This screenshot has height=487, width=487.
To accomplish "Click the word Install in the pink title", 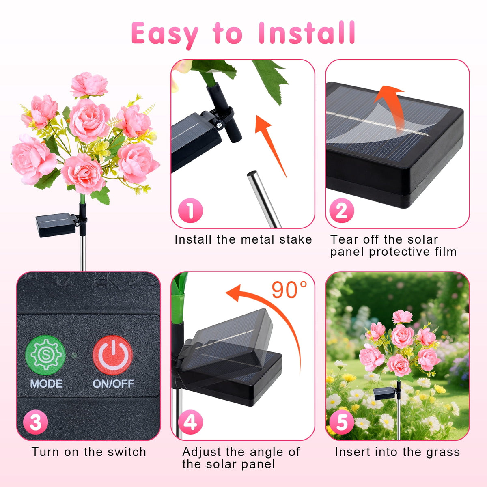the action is click(307, 33).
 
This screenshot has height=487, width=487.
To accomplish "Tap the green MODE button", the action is click(45, 355).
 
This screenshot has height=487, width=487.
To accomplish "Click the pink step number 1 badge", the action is click(190, 211).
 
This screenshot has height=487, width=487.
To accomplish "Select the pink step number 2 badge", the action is click(342, 211).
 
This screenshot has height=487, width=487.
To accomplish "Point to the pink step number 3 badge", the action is click(36, 422).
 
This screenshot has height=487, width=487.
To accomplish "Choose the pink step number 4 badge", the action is click(190, 422).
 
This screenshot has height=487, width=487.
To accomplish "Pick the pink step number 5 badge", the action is click(342, 422).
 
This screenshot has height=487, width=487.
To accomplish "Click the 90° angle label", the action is click(289, 290).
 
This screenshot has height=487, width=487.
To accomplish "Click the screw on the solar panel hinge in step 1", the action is click(219, 124).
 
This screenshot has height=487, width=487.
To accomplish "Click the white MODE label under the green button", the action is click(46, 384).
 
